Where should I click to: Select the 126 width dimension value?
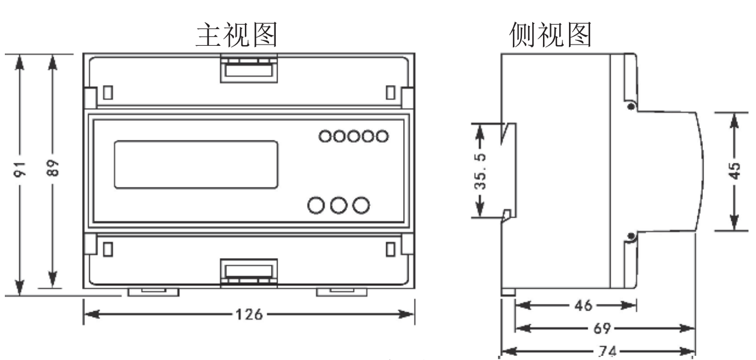(x=249, y=315)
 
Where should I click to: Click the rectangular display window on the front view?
(x=197, y=164)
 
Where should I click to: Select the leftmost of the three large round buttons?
(x=317, y=206)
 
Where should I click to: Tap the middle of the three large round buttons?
(x=339, y=206)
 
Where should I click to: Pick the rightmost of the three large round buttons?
(x=361, y=206)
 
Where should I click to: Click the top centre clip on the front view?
(x=249, y=68)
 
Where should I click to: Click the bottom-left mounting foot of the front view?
(x=154, y=291)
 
